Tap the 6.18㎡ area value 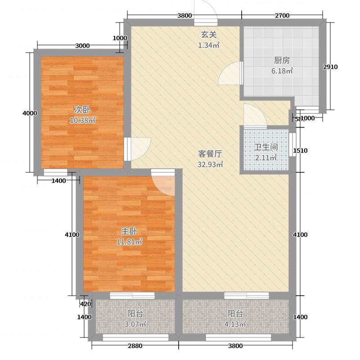point(282,71)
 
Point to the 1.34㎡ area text point(208,45)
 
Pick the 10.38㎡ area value point(82,120)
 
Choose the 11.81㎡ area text point(130,242)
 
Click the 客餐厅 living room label point(210,153)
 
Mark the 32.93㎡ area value point(211,164)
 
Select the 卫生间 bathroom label point(265,147)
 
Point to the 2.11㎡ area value point(265,157)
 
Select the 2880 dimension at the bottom point(135,346)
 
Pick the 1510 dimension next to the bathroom point(300,151)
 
